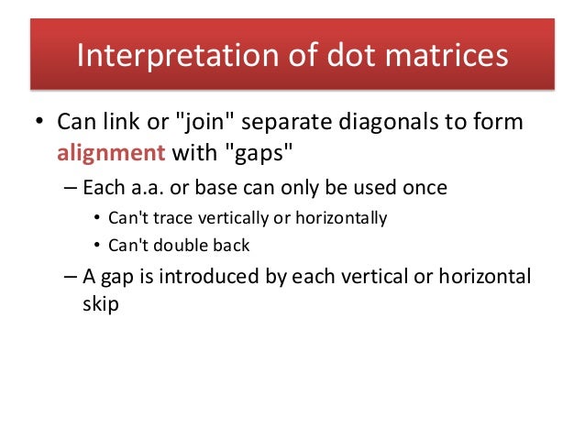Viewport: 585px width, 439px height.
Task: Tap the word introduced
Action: [x=213, y=276]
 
